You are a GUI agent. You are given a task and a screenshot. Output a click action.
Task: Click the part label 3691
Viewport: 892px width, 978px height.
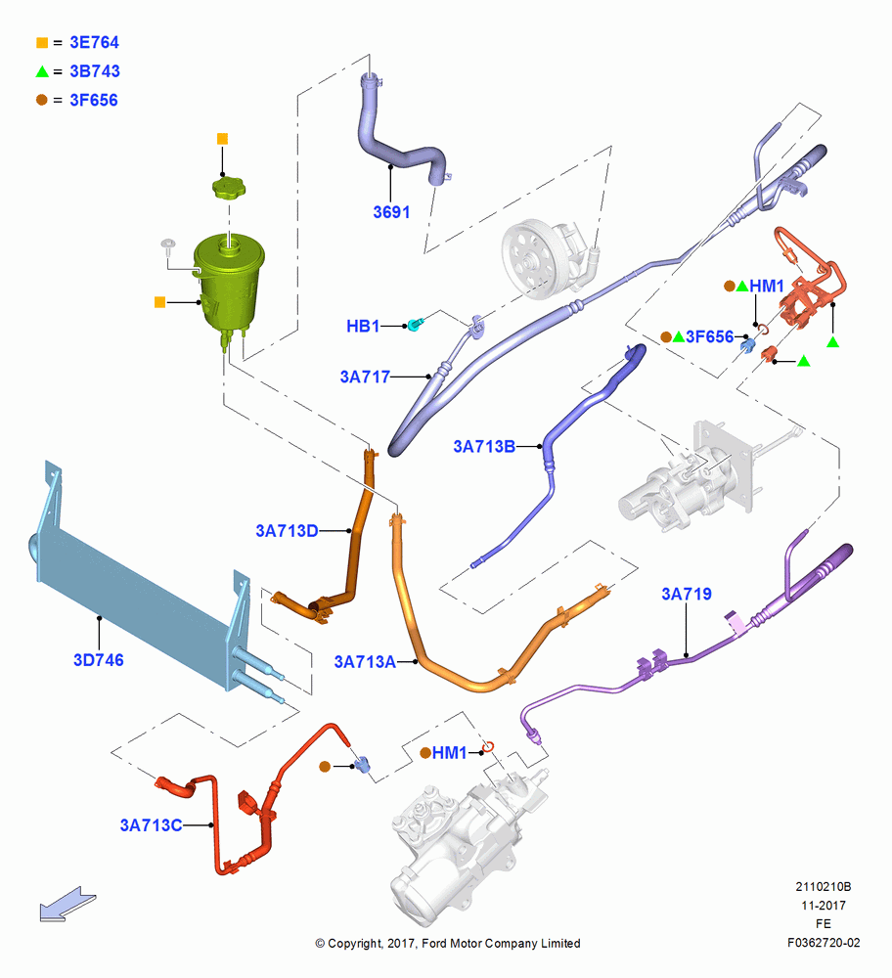[x=391, y=212]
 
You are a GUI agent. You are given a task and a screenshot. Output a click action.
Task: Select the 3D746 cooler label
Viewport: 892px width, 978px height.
[x=99, y=660]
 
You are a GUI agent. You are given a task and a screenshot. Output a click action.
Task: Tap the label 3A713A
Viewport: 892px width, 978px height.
[x=365, y=662]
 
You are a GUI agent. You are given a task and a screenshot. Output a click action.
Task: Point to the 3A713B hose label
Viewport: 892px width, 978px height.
[x=484, y=447]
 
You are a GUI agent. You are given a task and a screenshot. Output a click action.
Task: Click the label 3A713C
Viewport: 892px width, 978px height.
[x=151, y=825]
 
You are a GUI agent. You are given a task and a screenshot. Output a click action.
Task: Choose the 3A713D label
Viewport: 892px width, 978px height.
[x=287, y=531]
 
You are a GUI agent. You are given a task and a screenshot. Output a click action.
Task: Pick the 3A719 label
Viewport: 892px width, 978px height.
[x=687, y=594]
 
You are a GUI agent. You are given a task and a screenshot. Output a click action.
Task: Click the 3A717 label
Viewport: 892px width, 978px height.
[x=365, y=377]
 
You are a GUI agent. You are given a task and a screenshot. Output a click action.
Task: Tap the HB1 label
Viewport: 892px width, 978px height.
[x=363, y=327]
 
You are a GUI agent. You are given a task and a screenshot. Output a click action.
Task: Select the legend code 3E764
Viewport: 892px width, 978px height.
[x=94, y=42]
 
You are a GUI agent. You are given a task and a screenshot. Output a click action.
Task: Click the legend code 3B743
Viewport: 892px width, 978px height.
[x=95, y=71]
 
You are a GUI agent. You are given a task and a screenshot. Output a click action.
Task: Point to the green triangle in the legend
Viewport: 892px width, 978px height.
[x=42, y=71]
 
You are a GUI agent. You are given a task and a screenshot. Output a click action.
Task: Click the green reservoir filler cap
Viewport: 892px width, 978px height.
[x=229, y=187]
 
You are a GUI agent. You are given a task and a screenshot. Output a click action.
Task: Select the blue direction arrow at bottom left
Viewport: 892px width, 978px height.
[x=67, y=905]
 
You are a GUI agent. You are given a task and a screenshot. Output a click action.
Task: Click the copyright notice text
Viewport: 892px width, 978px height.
[x=447, y=943]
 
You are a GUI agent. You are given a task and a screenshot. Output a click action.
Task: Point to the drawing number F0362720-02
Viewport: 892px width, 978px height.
[x=824, y=943]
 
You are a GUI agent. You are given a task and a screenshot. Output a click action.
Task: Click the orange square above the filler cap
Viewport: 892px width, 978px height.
[x=222, y=139]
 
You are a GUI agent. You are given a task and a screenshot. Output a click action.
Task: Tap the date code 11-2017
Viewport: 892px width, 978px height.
[x=824, y=905]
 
